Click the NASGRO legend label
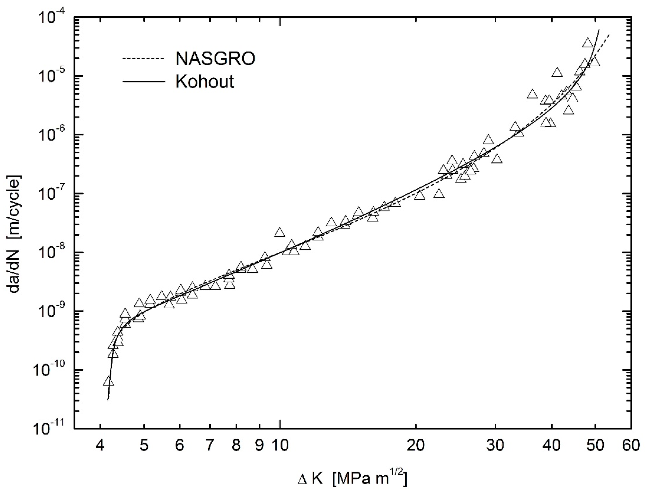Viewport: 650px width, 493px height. pyautogui.click(x=215, y=59)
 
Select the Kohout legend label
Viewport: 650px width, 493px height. pyautogui.click(x=205, y=82)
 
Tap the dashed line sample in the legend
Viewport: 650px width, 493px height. pyautogui.click(x=143, y=59)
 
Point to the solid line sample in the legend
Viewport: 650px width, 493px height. pyautogui.click(x=143, y=82)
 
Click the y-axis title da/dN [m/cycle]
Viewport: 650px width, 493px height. pyautogui.click(x=15, y=234)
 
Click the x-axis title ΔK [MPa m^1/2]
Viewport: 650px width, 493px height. pyautogui.click(x=352, y=479)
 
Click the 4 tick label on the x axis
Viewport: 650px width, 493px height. pyautogui.click(x=100, y=445)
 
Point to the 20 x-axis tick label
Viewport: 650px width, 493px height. pyautogui.click(x=416, y=445)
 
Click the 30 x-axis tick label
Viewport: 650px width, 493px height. pyautogui.click(x=495, y=445)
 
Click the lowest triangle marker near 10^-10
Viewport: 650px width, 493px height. pyautogui.click(x=108, y=382)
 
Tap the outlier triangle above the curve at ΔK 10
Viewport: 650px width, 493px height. pyautogui.click(x=280, y=233)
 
